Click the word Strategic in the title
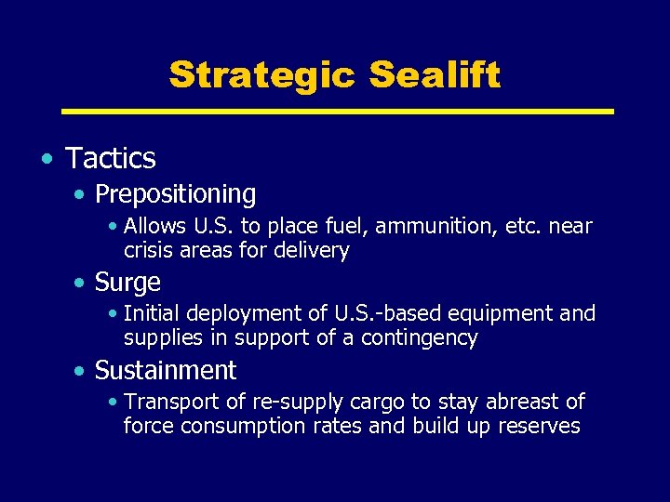(x=262, y=74)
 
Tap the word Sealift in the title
(x=435, y=74)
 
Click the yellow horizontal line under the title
(x=337, y=112)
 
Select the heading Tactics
(x=111, y=159)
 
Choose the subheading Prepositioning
(x=175, y=194)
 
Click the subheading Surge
(x=127, y=283)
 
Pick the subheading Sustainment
(x=166, y=371)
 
